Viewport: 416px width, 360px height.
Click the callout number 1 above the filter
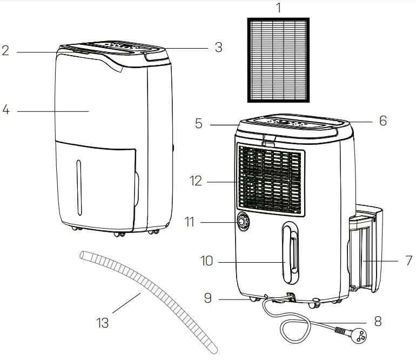click(x=279, y=8)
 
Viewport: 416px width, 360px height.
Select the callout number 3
click(x=218, y=48)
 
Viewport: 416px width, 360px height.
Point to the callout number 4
click(x=6, y=110)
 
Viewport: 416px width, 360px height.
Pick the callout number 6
click(x=383, y=121)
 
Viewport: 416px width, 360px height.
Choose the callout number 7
click(x=408, y=261)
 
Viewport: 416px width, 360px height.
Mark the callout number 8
click(x=378, y=321)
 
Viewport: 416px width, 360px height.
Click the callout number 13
click(x=102, y=323)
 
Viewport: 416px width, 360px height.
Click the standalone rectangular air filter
click(x=279, y=59)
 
